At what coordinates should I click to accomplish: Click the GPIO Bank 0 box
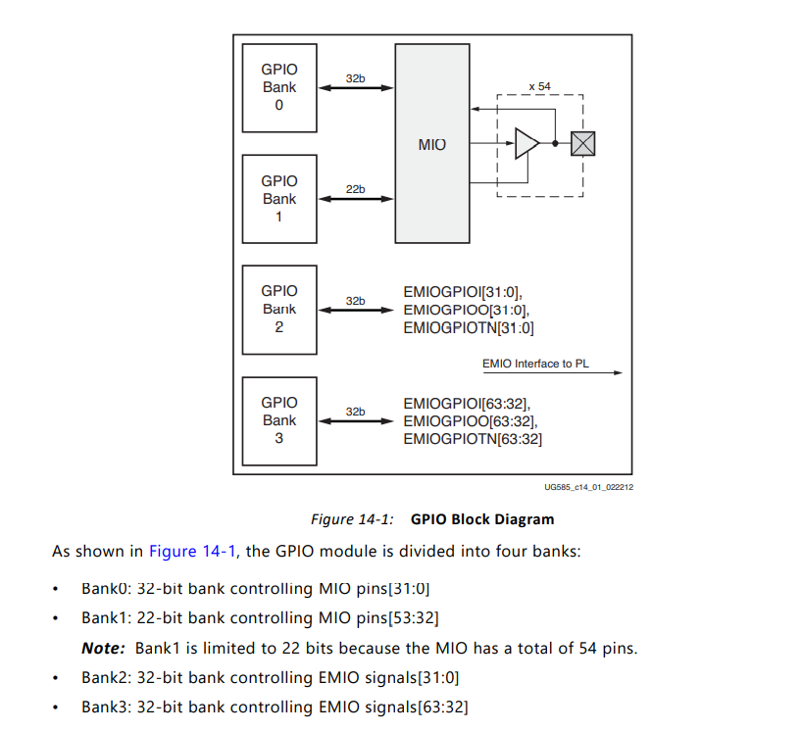point(279,87)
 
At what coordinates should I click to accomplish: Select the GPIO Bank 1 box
point(279,198)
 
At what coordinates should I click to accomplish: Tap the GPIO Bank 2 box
point(279,309)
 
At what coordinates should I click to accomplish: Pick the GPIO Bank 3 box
point(279,419)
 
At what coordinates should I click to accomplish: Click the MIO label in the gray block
point(432,144)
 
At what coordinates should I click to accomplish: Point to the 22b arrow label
point(355,188)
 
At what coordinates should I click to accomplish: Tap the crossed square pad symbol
point(583,143)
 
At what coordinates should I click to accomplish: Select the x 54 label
point(539,86)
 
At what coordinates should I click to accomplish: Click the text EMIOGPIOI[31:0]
point(463,291)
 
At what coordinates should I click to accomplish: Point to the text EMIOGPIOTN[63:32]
point(473,439)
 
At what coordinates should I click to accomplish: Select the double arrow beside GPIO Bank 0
point(357,89)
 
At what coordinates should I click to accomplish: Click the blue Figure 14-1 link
point(192,551)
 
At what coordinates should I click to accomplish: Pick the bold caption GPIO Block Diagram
point(482,519)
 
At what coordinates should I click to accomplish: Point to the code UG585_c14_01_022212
point(588,486)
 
